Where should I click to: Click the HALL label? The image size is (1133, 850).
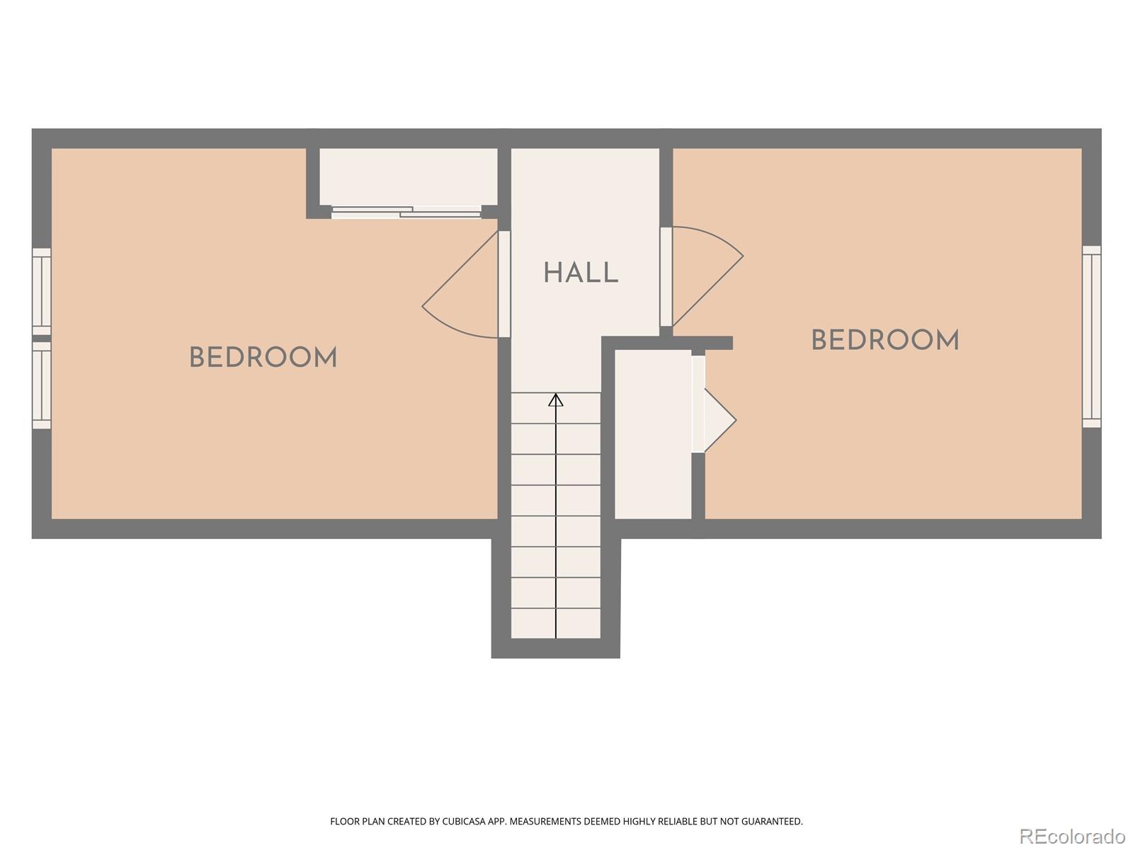(x=581, y=273)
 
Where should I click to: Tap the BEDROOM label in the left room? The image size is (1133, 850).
(x=263, y=357)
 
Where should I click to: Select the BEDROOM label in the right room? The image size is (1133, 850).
(x=884, y=340)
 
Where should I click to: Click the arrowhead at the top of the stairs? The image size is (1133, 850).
(x=555, y=399)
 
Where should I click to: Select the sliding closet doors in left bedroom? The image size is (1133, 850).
(x=406, y=212)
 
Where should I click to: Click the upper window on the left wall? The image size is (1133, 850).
(x=42, y=292)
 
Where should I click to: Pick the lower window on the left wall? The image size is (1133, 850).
(x=42, y=385)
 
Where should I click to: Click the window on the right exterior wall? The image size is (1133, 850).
(x=1091, y=336)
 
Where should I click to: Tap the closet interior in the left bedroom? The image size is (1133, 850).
(x=409, y=176)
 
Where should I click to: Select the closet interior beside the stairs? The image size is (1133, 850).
(x=653, y=434)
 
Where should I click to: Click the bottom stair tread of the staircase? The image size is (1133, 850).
(x=555, y=623)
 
